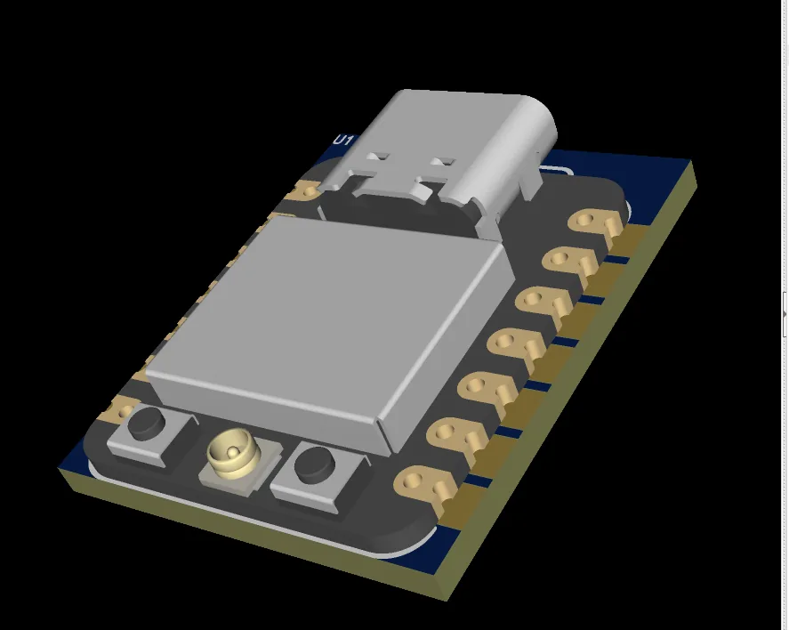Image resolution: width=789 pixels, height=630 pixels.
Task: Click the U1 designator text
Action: point(343,141)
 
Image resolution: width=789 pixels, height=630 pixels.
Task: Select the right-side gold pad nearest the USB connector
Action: point(594,222)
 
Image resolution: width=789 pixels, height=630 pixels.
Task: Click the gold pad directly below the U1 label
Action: point(306,190)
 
